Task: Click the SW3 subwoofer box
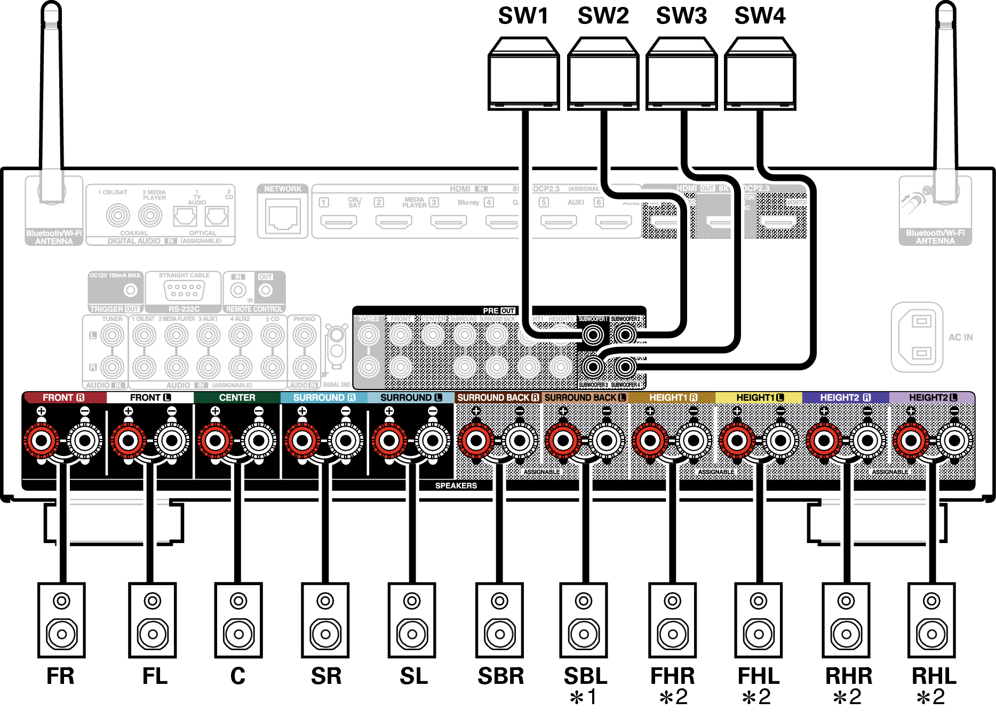point(681,75)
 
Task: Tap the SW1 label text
point(523,16)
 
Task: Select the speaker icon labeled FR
point(61,620)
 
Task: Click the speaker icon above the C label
point(238,620)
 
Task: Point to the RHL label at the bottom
point(934,676)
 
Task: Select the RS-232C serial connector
point(184,291)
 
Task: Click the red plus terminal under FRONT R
point(42,441)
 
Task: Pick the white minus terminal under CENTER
point(259,441)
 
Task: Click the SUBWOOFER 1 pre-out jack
point(593,335)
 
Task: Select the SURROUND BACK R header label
point(498,398)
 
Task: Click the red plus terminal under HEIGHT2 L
point(911,441)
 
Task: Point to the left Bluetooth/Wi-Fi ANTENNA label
point(54,237)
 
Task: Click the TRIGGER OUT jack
point(130,290)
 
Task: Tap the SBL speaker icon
point(584,620)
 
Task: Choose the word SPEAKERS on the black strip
point(456,486)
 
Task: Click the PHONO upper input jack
point(304,336)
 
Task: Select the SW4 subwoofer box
point(760,75)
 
